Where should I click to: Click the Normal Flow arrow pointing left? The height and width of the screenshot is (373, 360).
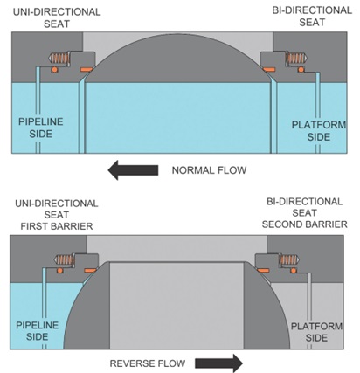click(133, 170)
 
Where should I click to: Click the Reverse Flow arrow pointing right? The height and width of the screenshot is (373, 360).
click(218, 363)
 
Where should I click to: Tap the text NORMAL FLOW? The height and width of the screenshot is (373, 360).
click(209, 170)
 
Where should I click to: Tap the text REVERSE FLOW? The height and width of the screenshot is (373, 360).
click(148, 363)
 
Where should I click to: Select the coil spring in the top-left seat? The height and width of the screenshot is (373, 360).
click(59, 59)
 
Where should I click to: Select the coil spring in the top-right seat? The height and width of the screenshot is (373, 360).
click(297, 58)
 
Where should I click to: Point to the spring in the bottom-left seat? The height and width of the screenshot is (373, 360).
click(65, 259)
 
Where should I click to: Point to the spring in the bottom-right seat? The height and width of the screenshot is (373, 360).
click(290, 259)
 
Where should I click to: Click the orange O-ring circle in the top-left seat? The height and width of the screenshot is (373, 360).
click(54, 70)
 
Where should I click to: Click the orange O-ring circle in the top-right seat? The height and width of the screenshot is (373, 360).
click(301, 69)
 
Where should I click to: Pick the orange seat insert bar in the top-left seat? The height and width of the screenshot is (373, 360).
click(87, 70)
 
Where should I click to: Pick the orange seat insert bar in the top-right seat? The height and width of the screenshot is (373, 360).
click(268, 70)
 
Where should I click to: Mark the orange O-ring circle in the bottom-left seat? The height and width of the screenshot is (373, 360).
click(59, 271)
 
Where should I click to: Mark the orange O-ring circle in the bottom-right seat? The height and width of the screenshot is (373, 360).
click(294, 271)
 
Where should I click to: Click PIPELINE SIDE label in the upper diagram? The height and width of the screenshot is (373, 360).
click(41, 128)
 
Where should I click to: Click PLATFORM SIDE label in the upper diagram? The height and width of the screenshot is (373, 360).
click(319, 131)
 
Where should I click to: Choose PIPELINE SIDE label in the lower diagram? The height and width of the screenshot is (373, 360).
click(37, 331)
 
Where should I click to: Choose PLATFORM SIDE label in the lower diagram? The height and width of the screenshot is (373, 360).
click(316, 332)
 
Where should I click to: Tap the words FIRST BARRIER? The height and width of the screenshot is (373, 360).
click(57, 226)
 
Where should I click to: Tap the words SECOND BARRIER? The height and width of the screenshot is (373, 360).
click(304, 224)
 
